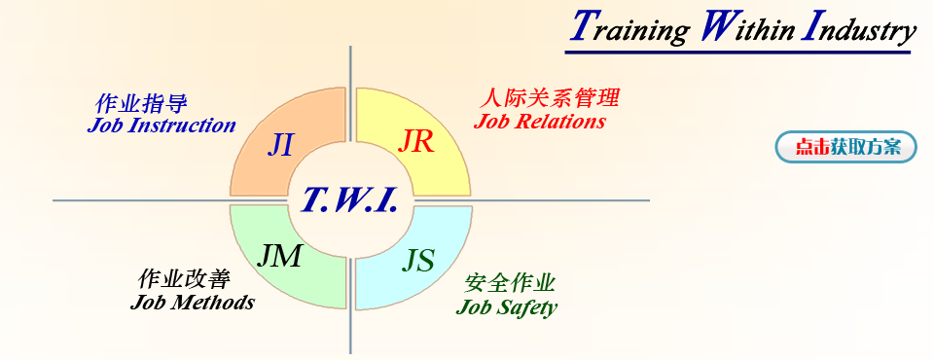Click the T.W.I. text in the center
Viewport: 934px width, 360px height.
[x=348, y=199]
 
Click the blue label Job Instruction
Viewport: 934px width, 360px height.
[x=161, y=126]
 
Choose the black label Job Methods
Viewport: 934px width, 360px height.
[x=192, y=302]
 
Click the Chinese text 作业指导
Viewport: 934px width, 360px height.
[x=141, y=103]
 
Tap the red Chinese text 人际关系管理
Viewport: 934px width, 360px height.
[x=550, y=98]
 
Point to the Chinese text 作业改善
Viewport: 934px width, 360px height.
[x=185, y=279]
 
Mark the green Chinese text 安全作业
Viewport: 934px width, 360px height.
[x=510, y=284]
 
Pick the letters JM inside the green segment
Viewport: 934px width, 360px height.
[x=279, y=256]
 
